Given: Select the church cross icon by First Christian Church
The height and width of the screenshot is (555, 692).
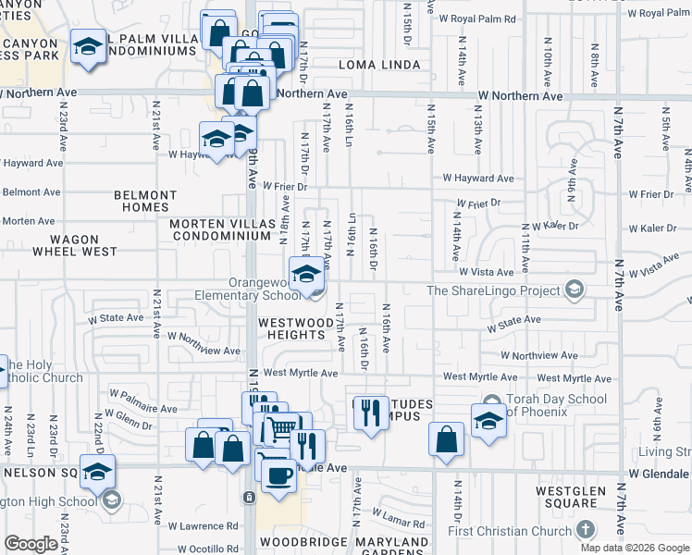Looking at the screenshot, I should tap(584, 530).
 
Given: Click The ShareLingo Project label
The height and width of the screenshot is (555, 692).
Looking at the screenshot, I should tap(494, 290).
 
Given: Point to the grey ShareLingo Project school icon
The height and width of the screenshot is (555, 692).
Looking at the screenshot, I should tap(574, 290).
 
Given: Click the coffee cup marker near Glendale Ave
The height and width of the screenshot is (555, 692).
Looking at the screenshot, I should tap(278, 474).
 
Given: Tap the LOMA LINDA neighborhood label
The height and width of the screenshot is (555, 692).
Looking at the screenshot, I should tap(379, 65).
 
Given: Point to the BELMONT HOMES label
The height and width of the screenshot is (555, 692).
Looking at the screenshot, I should tap(145, 202).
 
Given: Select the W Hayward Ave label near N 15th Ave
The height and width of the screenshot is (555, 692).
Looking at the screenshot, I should tap(477, 178).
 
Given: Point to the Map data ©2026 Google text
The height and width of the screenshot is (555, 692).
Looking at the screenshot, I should tap(635, 548).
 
